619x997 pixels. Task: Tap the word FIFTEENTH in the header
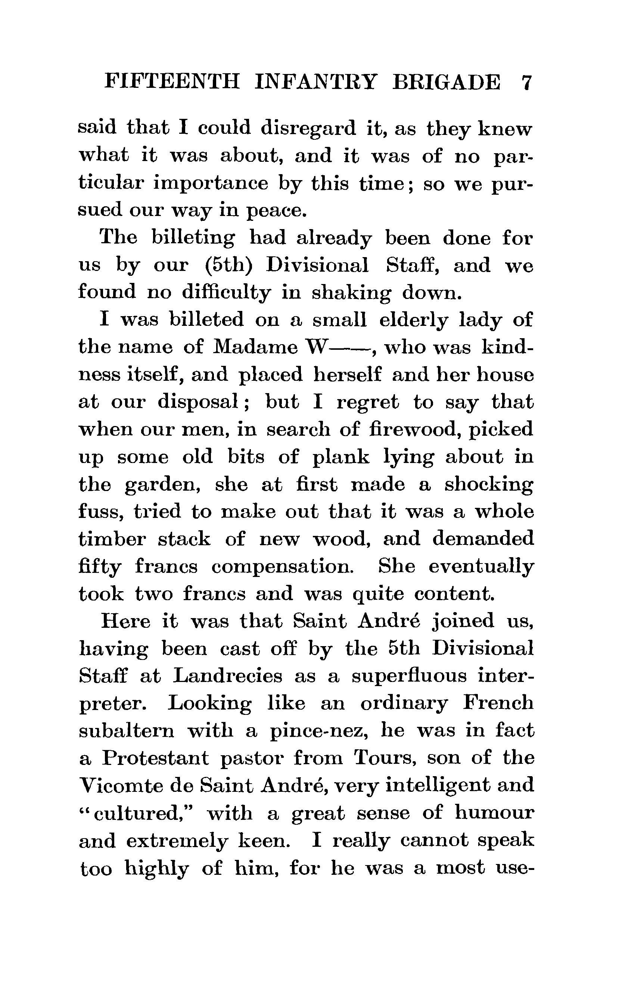(x=172, y=81)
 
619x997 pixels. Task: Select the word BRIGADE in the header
(x=446, y=82)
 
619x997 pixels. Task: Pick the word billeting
(x=193, y=238)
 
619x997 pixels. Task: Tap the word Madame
(x=256, y=347)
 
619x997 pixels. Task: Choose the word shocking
(x=489, y=485)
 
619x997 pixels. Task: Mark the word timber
(x=112, y=539)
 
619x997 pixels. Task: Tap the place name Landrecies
(x=227, y=676)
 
